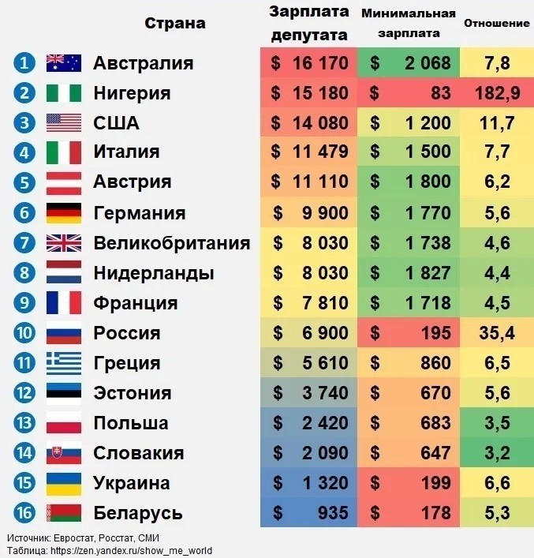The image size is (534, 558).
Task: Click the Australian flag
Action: tap(64, 63)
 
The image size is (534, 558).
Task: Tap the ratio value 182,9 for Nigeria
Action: tap(497, 93)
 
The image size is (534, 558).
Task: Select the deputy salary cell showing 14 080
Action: tap(309, 123)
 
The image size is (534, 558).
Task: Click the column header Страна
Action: tap(174, 23)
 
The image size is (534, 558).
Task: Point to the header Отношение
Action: tap(496, 22)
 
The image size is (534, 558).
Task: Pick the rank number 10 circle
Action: tap(25, 333)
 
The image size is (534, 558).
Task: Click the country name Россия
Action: tap(127, 333)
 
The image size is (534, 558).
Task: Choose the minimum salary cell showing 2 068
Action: tap(409, 63)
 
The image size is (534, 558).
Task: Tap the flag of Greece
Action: tap(64, 363)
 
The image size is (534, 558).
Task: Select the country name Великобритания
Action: tap(171, 243)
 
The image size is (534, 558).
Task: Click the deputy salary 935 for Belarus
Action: tap(309, 513)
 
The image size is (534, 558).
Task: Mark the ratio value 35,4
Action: tap(497, 333)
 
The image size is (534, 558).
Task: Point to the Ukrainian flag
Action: tap(64, 483)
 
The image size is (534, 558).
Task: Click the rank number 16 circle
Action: tap(25, 513)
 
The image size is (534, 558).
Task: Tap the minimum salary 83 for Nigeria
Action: tap(409, 93)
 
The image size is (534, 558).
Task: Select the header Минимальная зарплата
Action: tap(408, 24)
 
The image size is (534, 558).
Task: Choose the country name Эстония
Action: tap(133, 393)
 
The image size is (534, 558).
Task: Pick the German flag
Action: tap(64, 213)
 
